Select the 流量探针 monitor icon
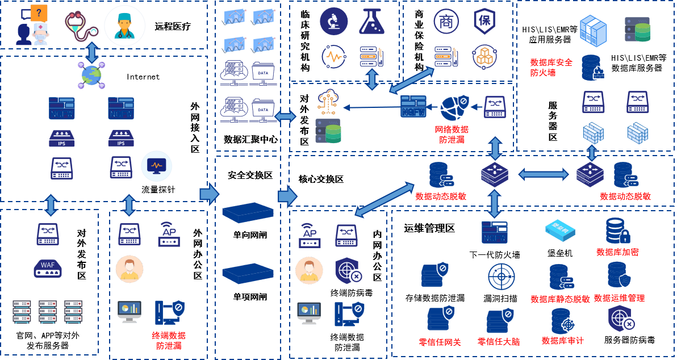click(157, 166)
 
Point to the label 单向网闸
click(249, 235)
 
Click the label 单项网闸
click(249, 297)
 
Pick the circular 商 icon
click(446, 21)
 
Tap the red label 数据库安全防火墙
click(551, 68)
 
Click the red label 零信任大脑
click(498, 342)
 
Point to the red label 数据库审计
click(562, 341)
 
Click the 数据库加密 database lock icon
click(618, 231)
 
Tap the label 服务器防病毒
click(629, 341)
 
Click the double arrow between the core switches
click(543, 174)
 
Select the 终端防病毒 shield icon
click(348, 271)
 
